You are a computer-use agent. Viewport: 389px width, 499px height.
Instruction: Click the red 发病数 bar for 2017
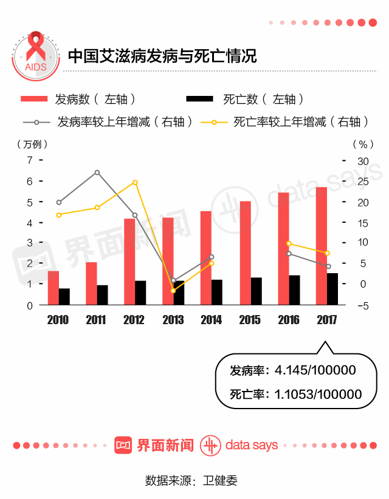click(x=322, y=245)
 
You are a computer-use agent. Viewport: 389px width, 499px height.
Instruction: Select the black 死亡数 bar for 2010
click(x=64, y=297)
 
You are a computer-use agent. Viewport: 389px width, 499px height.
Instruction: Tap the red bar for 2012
click(x=129, y=262)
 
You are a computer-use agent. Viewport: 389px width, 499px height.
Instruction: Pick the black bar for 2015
click(x=256, y=291)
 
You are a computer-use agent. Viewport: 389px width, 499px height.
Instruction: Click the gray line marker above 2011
click(x=97, y=172)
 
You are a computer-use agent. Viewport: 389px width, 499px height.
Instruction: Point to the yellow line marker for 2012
click(x=135, y=183)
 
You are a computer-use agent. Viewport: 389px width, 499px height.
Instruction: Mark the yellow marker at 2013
click(x=173, y=291)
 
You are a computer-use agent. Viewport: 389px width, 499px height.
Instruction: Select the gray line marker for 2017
click(x=328, y=266)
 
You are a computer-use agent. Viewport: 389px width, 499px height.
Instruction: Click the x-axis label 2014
click(x=211, y=320)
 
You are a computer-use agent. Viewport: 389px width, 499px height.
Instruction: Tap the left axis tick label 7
click(x=29, y=160)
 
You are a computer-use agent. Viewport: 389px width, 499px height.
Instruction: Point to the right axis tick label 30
click(x=363, y=160)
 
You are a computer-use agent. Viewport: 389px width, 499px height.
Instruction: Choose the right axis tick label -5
click(x=363, y=305)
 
